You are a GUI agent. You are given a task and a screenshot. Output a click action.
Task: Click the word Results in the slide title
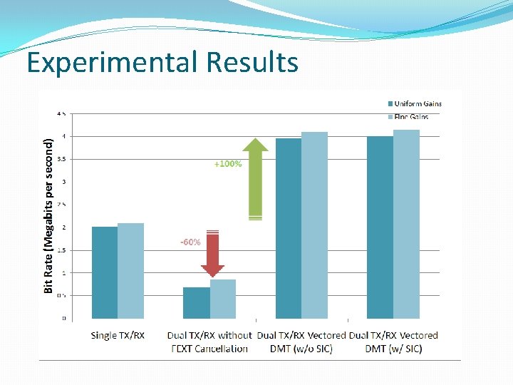tap(252, 63)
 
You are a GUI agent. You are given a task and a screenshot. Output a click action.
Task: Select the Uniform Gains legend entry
tap(413, 104)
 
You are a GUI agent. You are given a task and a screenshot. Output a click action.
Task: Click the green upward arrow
tap(255, 178)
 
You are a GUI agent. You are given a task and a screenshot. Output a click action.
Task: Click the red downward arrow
tap(212, 254)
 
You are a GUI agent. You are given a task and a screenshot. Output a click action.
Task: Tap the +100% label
tap(228, 164)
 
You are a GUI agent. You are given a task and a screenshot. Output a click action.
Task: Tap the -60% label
tap(190, 242)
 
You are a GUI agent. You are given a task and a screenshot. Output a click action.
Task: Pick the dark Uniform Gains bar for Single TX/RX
tap(105, 272)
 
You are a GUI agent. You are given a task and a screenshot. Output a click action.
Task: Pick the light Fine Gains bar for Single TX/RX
tap(130, 271)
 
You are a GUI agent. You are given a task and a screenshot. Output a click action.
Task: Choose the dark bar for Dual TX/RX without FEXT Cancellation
tap(197, 302)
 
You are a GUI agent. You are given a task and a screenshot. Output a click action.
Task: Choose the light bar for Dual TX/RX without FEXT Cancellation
tap(222, 299)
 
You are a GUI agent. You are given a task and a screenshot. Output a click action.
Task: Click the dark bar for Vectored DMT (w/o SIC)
tap(289, 228)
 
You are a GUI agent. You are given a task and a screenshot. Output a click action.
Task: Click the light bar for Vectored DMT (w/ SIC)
tap(406, 224)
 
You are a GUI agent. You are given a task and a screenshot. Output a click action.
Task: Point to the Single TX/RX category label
tap(118, 335)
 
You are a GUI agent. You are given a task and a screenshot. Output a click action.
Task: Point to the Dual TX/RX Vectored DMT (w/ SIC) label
tap(393, 342)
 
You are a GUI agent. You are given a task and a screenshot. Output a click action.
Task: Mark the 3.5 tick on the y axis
tap(63, 159)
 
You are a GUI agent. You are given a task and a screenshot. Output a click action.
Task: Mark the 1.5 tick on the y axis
tap(63, 250)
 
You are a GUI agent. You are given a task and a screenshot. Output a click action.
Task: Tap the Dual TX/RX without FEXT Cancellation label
tap(209, 342)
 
